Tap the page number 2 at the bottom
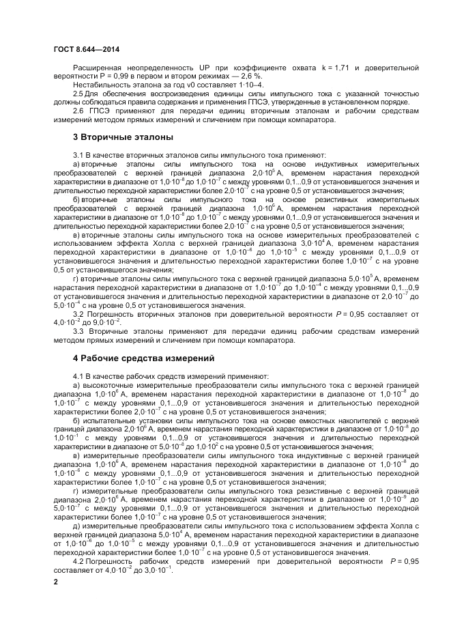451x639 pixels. tap(56, 582)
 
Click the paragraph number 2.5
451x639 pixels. tap(78, 94)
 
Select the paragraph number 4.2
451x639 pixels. tap(78, 561)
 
